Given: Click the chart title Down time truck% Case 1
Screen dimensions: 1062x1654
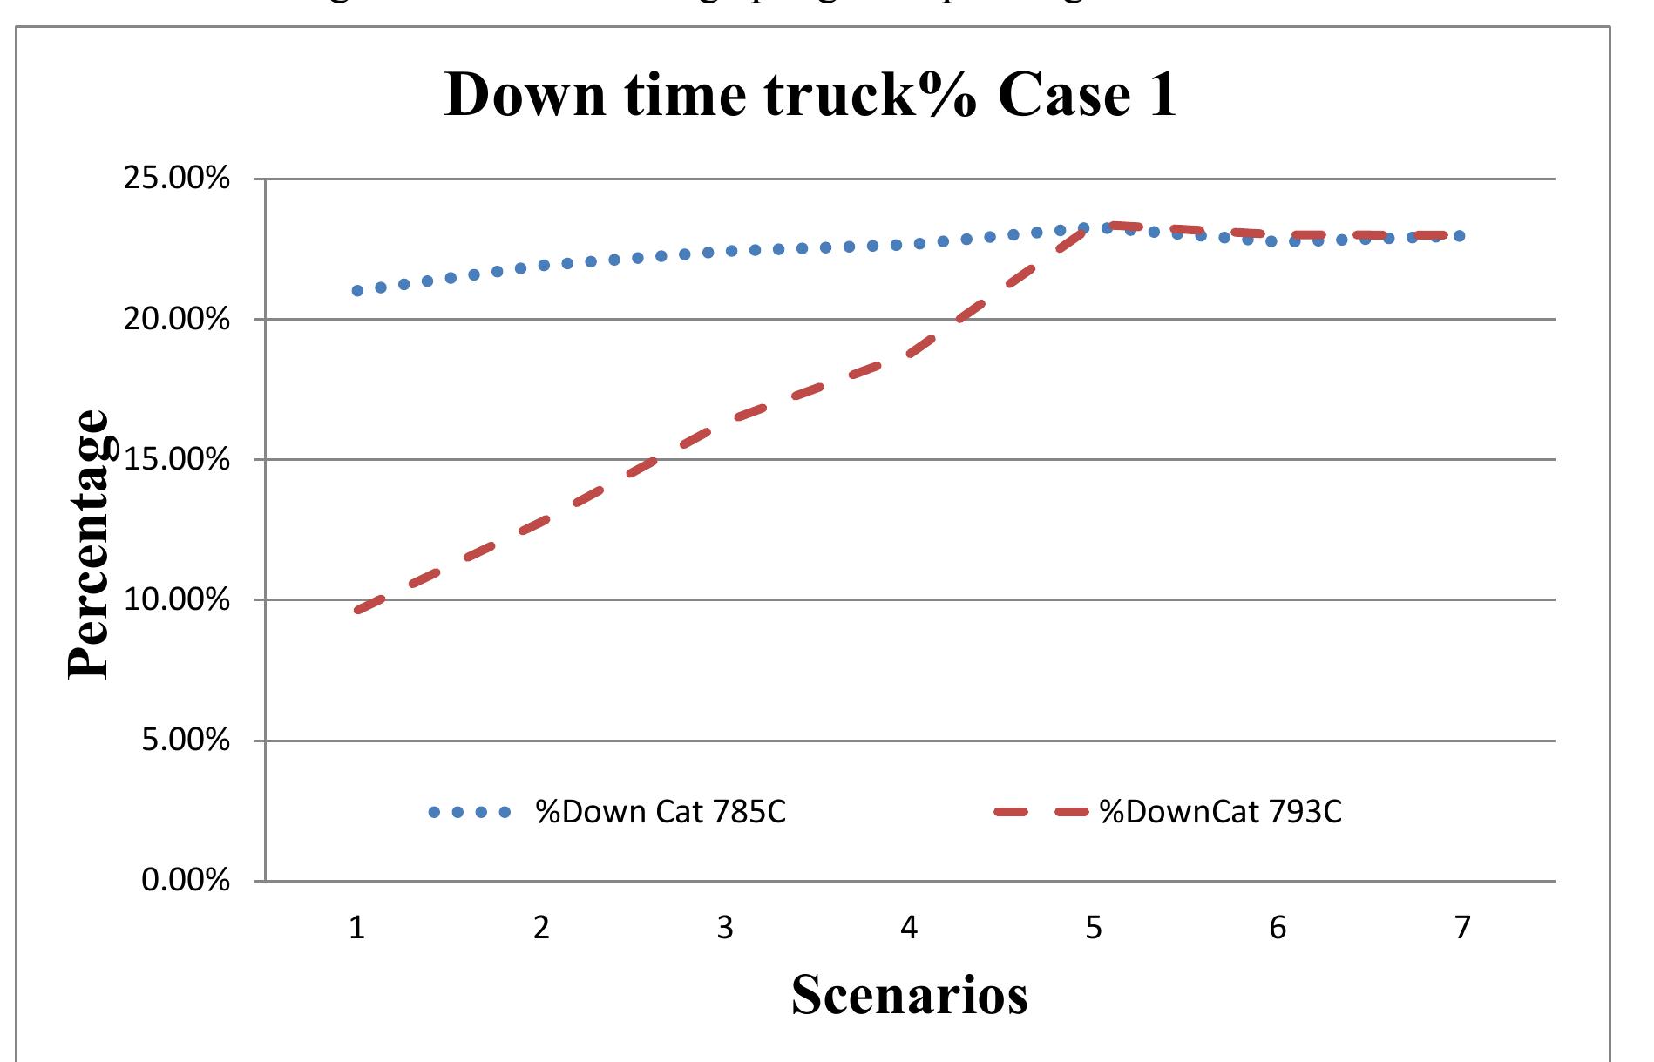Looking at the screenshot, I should point(810,94).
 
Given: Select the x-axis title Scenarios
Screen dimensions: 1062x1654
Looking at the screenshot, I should point(909,994).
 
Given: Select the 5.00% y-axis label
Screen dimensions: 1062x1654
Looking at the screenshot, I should point(186,741).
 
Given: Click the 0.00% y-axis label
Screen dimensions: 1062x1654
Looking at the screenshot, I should point(186,881).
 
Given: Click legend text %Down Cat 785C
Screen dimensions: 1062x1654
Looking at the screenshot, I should point(661,812).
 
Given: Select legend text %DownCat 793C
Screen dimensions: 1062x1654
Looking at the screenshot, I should point(1220,812).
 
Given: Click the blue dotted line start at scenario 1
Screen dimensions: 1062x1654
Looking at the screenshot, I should point(357,290).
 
